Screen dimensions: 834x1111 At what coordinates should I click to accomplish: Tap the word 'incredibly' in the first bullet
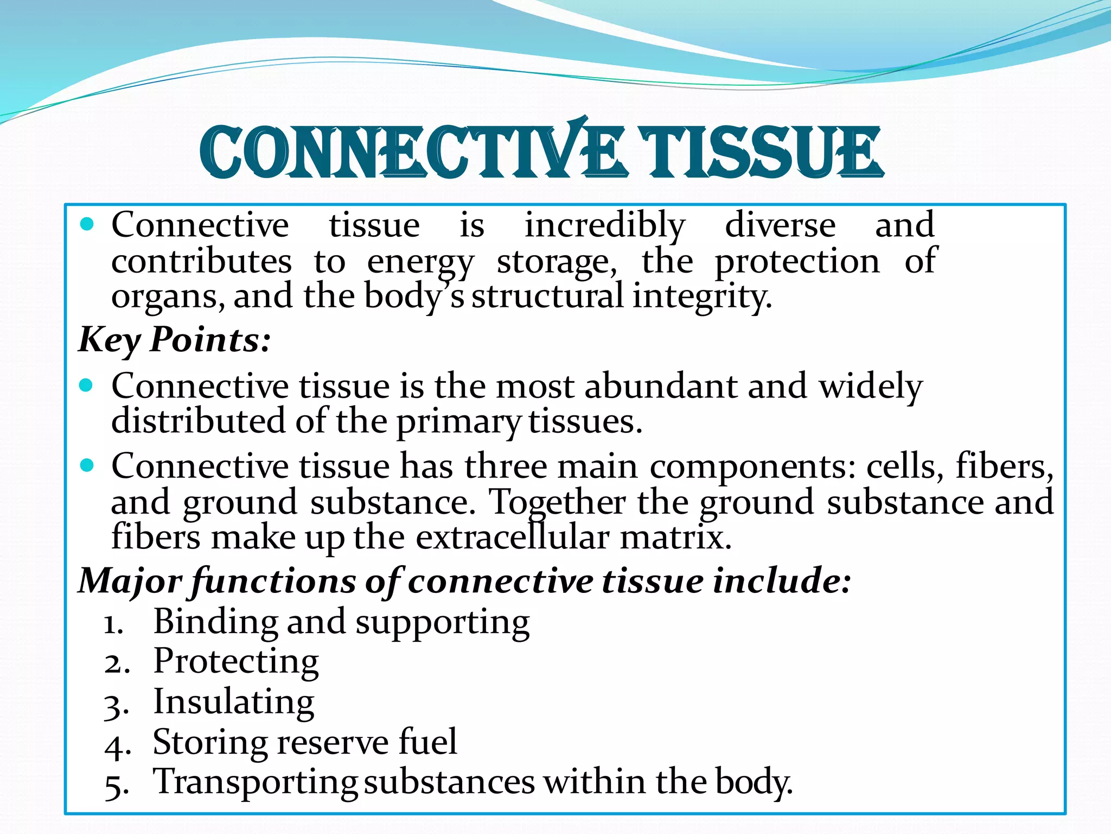point(605,225)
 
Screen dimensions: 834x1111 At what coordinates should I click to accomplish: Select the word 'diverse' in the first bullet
point(781,225)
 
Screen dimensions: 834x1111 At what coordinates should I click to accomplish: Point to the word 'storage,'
point(557,262)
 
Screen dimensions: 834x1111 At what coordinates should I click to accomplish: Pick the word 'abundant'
point(660,387)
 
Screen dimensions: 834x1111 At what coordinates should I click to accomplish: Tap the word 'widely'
point(870,387)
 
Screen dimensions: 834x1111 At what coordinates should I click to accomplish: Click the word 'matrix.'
point(675,538)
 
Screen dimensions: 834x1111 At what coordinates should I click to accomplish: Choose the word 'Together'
point(557,502)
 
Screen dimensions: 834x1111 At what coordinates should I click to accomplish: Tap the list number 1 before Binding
point(113,625)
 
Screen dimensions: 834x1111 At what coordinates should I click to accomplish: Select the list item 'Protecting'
point(236,662)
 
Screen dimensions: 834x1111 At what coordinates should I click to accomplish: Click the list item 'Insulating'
point(234,702)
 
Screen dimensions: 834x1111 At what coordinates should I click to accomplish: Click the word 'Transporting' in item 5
point(255,782)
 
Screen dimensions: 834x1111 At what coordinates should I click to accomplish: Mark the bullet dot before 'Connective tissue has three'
point(87,466)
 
